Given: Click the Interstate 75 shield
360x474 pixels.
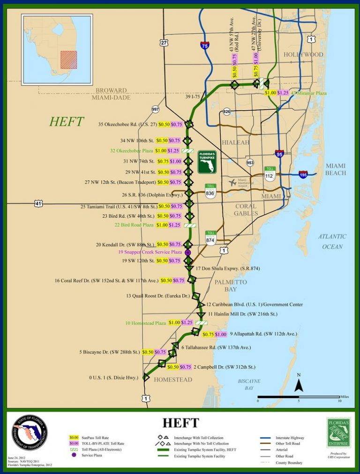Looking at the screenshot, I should pyautogui.click(x=205, y=45).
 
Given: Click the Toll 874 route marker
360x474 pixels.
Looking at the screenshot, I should pyautogui.click(x=211, y=239).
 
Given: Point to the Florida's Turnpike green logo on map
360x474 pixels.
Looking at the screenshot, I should pyautogui.click(x=207, y=162).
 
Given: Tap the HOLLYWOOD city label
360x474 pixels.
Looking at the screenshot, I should pyautogui.click(x=303, y=55).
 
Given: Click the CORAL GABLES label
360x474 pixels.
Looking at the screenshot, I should pyautogui.click(x=245, y=210).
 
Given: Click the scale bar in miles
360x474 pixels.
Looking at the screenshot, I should pyautogui.click(x=299, y=397).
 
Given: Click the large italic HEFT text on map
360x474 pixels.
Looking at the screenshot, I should pyautogui.click(x=67, y=122).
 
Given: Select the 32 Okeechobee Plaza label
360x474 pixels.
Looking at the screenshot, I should pyautogui.click(x=132, y=151).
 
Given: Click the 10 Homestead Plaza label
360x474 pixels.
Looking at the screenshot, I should pyautogui.click(x=146, y=323).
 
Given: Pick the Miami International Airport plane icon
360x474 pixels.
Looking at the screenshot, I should pyautogui.click(x=232, y=182).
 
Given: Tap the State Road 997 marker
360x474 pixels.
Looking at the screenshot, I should pyautogui.click(x=156, y=109).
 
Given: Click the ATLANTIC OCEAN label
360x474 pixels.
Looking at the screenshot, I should pyautogui.click(x=332, y=241).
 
